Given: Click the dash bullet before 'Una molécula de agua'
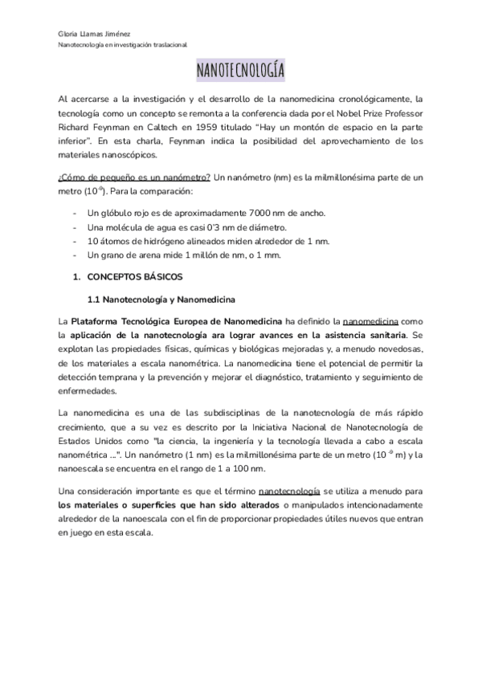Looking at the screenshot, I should click(x=74, y=226).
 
